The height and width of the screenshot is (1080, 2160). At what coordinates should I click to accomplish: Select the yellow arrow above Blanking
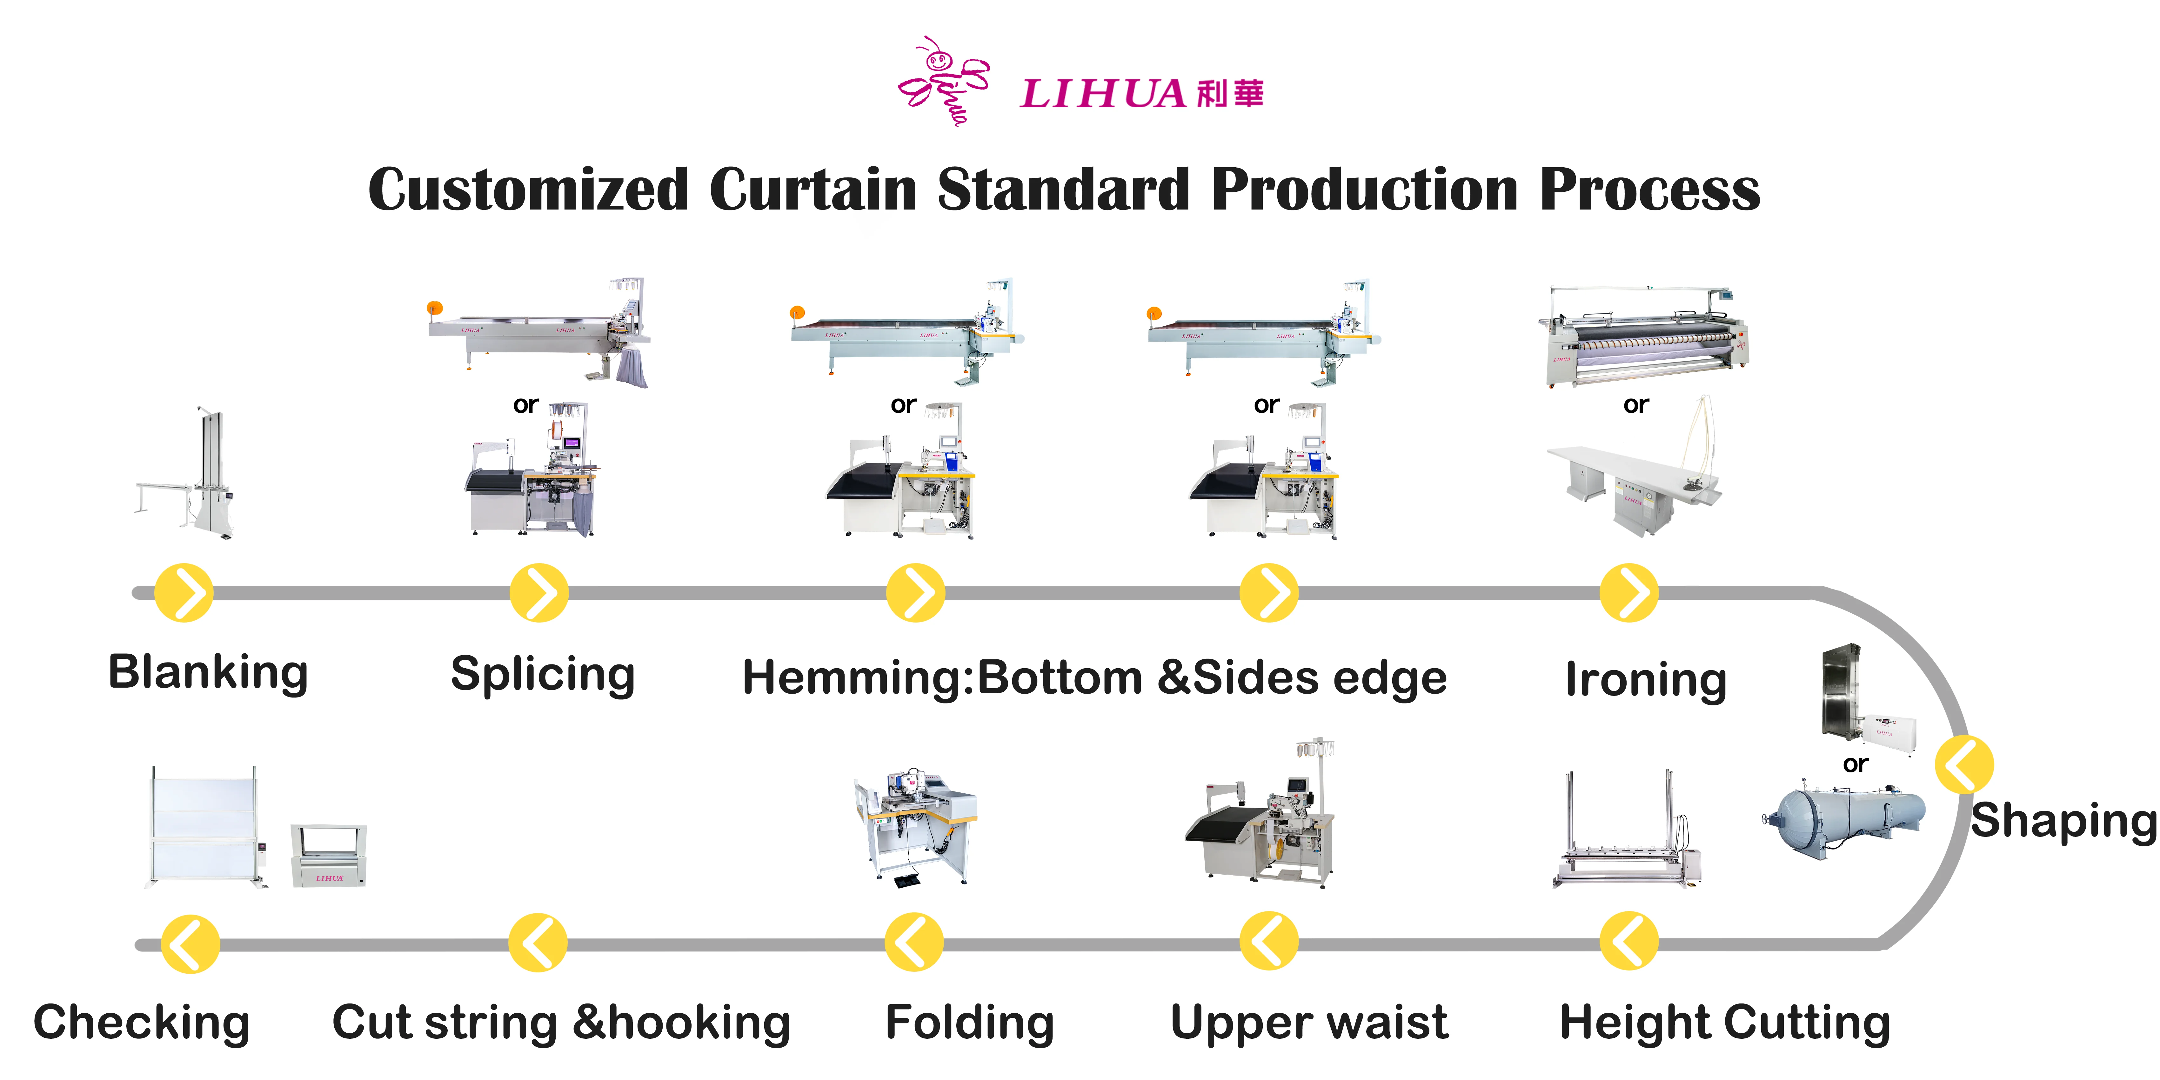(184, 593)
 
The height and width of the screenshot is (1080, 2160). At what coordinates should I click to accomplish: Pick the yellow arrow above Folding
(914, 943)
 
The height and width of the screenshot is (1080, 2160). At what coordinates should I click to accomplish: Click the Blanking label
(208, 672)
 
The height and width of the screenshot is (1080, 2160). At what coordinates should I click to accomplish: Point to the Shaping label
(2063, 820)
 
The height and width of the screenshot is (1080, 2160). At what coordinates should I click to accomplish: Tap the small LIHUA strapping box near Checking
(329, 855)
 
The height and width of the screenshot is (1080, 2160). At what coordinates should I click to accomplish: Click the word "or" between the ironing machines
(1635, 405)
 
